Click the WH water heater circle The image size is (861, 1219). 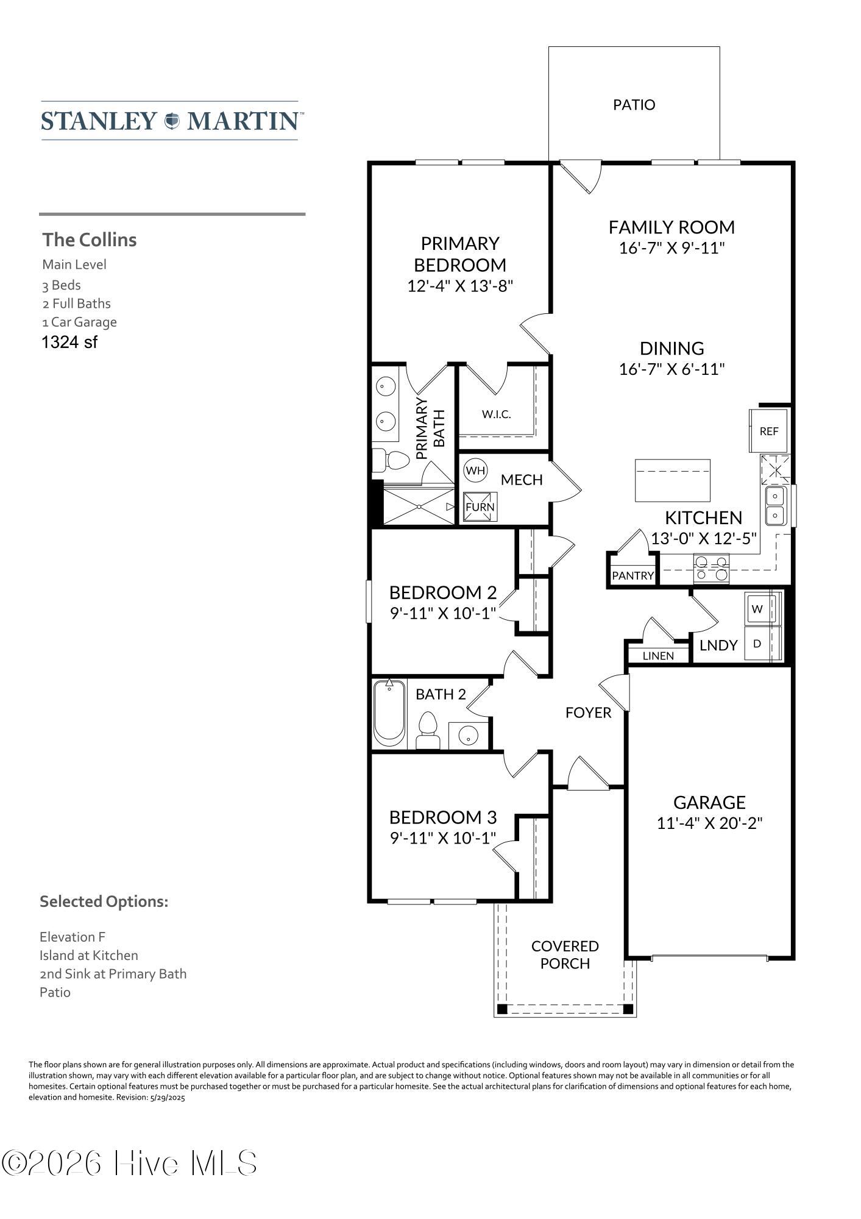coord(475,470)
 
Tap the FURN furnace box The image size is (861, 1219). coord(480,506)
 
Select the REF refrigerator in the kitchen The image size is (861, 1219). coord(768,431)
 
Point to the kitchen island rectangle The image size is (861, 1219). coord(673,480)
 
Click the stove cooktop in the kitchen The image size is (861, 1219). coord(712,567)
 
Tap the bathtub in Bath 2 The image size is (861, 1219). coord(389,713)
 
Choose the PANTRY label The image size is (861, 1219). coord(632,575)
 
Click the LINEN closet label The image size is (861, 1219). coord(658,656)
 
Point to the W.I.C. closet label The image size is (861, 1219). coord(496,414)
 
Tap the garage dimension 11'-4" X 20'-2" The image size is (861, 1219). coord(709,823)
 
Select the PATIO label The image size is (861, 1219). coord(634,105)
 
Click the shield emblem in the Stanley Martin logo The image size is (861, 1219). coord(172,121)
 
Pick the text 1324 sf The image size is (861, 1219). coord(69,342)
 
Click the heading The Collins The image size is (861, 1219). coord(90,240)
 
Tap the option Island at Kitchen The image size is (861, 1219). coord(89,955)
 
